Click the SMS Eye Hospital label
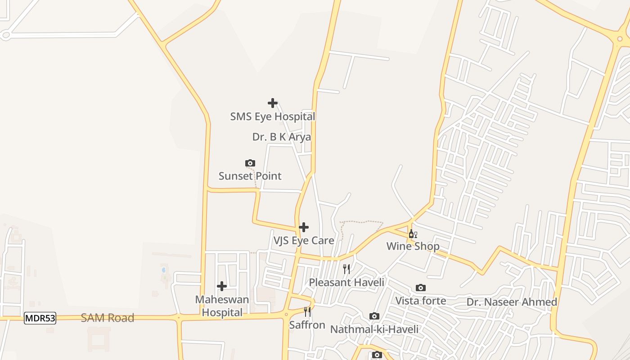tap(272, 117)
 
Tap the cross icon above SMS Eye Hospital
tap(272, 103)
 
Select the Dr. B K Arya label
tap(281, 137)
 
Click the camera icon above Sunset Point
tap(250, 163)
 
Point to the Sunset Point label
tap(250, 176)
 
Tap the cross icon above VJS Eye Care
tap(304, 227)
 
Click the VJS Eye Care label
tap(304, 241)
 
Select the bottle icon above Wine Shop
tap(413, 234)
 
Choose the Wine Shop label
tap(413, 247)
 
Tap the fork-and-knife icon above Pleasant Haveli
tap(346, 269)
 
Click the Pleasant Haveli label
tap(346, 282)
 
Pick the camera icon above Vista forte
tap(420, 288)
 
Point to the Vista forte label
tap(420, 301)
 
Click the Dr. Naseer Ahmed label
tap(512, 302)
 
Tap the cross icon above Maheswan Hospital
tap(221, 286)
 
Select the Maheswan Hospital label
tap(222, 306)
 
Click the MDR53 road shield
tap(40, 318)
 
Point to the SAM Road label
tap(108, 318)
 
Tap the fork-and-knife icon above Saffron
tap(307, 312)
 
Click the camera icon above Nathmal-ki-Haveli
tap(374, 316)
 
